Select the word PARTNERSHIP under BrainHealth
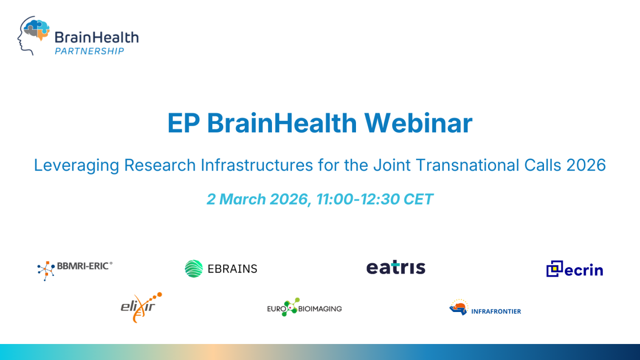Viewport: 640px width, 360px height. tap(89, 51)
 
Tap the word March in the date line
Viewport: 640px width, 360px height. tap(243, 199)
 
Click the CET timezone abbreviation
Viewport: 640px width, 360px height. tap(418, 199)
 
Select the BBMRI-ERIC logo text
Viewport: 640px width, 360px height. tap(84, 266)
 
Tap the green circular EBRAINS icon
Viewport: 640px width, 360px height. tap(194, 268)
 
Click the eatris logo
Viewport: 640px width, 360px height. tap(396, 268)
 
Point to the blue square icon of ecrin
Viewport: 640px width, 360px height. tap(554, 268)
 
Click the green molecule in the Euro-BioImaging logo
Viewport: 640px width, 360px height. tap(292, 307)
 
